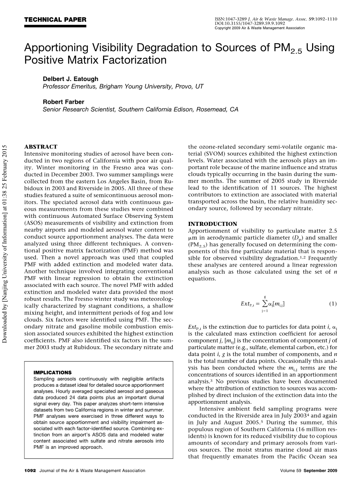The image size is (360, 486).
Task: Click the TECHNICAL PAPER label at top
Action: (55, 20)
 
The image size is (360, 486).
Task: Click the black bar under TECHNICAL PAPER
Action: (55, 26)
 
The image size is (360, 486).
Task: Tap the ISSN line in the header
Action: (276, 19)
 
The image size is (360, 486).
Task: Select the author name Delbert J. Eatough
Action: (70, 79)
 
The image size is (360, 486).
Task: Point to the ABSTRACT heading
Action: (41, 147)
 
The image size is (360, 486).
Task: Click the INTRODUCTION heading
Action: (212, 224)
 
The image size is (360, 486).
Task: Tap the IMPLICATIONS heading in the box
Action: (53, 372)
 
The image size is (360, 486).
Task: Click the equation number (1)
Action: (333, 304)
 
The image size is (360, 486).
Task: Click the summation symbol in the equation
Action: (264, 304)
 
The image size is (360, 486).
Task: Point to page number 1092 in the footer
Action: (30, 471)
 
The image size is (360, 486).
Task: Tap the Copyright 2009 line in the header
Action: (259, 28)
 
